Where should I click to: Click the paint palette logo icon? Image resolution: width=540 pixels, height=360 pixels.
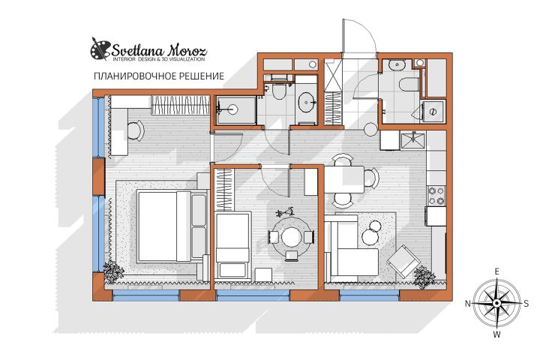coord(100,49)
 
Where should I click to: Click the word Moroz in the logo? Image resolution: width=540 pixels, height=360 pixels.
coord(187,51)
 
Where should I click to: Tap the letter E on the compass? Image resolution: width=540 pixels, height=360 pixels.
coord(496,271)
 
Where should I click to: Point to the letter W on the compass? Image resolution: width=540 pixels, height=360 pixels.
coord(496,334)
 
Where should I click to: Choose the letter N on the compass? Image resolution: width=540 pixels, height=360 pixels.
coord(468,303)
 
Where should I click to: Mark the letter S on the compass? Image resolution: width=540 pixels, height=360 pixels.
coord(526,303)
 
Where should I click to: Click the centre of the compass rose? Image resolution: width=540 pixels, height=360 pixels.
coord(496,303)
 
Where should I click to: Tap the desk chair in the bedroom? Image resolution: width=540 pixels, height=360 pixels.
coord(136,131)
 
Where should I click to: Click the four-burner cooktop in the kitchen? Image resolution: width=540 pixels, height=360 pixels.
coord(436,196)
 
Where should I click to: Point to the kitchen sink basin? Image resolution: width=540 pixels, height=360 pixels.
coord(413,140)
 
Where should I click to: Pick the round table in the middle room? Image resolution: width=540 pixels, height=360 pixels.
coord(291,237)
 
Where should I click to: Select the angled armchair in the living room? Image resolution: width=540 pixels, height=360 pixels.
coord(403,261)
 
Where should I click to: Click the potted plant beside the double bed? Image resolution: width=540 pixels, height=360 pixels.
coord(113,271)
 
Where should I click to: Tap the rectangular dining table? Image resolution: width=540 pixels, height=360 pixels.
coord(344,179)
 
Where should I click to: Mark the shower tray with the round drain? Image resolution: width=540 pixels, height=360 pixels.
coord(236,110)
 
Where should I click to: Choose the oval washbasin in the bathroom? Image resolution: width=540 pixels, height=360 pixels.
coord(307,102)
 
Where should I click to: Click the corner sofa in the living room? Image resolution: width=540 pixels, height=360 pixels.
coord(351,248)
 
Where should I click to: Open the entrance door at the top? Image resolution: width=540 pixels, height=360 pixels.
coord(359,36)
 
